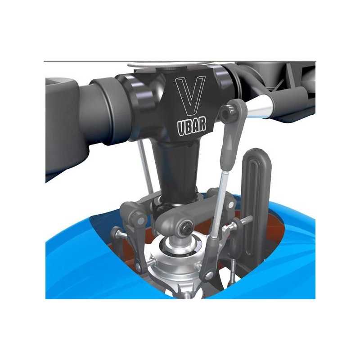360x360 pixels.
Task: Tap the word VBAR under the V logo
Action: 192,126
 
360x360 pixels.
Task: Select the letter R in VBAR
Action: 202,125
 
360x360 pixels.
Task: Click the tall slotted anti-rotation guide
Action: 256,202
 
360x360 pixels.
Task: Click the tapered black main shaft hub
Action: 177,170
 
